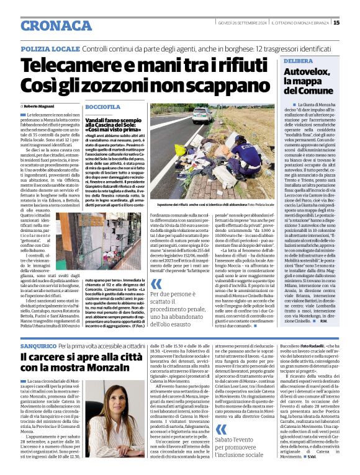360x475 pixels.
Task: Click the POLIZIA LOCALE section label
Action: point(50,48)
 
